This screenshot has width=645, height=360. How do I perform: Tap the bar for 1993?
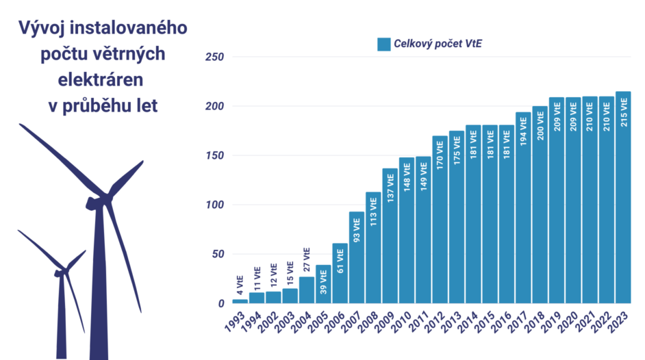[x=240, y=301]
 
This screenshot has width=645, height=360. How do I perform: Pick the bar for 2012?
[x=440, y=219]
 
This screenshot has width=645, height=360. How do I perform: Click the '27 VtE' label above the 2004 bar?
[x=307, y=261]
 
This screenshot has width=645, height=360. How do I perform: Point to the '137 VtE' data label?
[x=390, y=188]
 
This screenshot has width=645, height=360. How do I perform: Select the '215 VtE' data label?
[x=623, y=112]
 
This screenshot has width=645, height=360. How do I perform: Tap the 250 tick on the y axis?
[x=216, y=57]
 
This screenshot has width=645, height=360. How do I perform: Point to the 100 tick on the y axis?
[x=216, y=205]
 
